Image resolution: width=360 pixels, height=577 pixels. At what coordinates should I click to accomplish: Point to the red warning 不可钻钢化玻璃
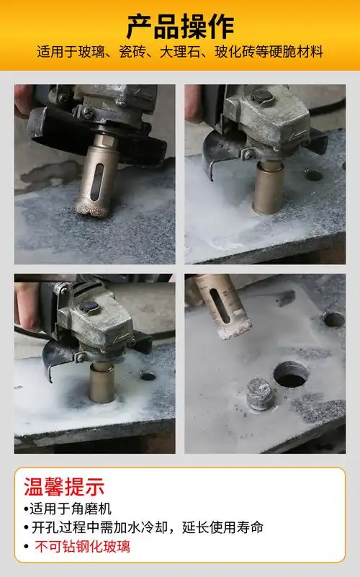(x=83, y=547)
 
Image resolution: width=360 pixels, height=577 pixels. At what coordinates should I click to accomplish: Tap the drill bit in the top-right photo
(x=267, y=187)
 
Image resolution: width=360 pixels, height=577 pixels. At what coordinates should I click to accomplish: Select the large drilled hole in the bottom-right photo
(x=292, y=375)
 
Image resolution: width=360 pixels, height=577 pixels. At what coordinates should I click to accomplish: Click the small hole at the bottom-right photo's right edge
(x=333, y=318)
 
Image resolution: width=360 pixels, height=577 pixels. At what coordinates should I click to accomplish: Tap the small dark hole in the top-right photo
(x=313, y=175)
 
